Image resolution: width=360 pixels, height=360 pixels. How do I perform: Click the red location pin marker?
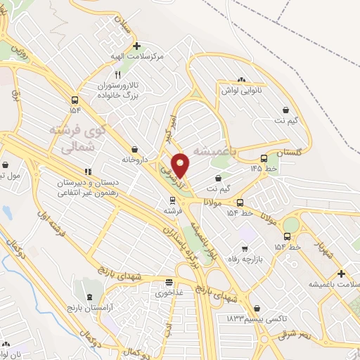coord(181,165)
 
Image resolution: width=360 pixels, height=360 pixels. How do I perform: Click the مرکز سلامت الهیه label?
coord(138,55)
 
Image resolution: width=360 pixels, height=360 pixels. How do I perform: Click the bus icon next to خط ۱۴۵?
coord(264,158)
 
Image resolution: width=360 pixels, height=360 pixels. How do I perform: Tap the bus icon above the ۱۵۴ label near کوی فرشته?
coord(75,99)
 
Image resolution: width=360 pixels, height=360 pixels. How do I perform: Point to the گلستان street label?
coord(288,153)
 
